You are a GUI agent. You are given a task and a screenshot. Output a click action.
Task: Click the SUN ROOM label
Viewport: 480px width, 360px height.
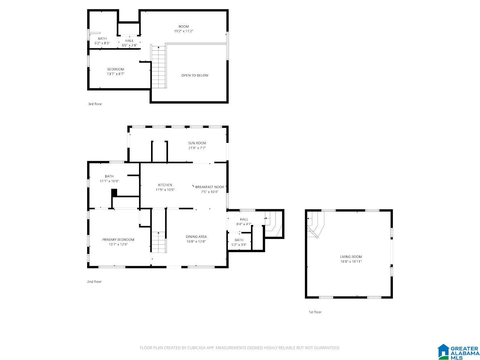point(197,143)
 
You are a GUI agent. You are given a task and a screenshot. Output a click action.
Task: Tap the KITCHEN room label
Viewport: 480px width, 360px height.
point(165,185)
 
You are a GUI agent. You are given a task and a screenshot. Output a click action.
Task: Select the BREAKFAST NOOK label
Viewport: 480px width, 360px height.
point(210,187)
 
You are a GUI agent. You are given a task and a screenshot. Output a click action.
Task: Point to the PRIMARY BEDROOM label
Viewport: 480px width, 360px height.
point(118,240)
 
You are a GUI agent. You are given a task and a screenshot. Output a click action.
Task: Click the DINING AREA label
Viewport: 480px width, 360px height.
point(196,236)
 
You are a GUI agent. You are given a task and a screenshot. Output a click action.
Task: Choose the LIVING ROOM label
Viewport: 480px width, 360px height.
point(351,257)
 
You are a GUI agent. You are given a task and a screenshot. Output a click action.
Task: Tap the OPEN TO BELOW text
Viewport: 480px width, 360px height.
point(195,75)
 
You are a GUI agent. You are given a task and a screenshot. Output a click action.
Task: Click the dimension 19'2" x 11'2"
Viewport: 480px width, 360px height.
point(184,31)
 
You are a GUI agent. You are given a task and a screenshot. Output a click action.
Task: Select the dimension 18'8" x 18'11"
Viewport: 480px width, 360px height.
point(351,261)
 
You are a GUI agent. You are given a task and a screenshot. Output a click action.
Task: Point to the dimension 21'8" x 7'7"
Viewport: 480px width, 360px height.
point(197,148)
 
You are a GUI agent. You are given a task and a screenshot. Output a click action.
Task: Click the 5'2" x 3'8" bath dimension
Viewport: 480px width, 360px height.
point(239,245)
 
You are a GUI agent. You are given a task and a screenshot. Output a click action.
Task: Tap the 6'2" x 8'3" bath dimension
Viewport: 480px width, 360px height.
point(102,43)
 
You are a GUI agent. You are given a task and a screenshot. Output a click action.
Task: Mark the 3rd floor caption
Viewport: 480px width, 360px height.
point(95,104)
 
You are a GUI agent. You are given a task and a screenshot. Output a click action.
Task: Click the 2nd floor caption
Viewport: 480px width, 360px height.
point(94,281)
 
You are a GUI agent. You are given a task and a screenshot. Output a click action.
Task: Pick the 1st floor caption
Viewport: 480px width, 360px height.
point(315,312)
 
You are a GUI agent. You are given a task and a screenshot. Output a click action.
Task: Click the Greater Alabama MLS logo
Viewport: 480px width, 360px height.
point(458,352)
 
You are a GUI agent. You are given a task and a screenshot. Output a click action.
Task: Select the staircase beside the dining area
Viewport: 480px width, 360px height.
point(159,242)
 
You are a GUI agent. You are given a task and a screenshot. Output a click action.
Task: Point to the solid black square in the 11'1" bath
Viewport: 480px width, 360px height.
point(114,192)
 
